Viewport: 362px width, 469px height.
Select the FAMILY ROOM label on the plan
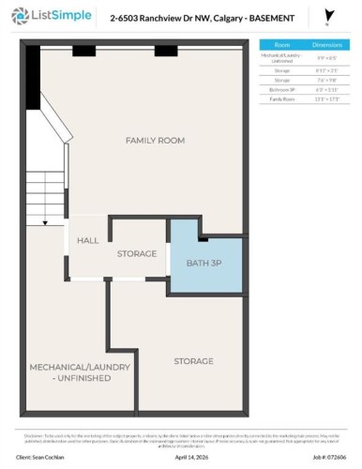point(155,140)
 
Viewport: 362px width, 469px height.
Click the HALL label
point(88,240)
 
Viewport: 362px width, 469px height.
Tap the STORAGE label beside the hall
point(136,253)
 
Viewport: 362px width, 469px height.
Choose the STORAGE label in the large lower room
point(193,360)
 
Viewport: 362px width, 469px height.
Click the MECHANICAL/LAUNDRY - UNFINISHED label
point(69,371)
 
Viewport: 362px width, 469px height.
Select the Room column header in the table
point(281,44)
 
